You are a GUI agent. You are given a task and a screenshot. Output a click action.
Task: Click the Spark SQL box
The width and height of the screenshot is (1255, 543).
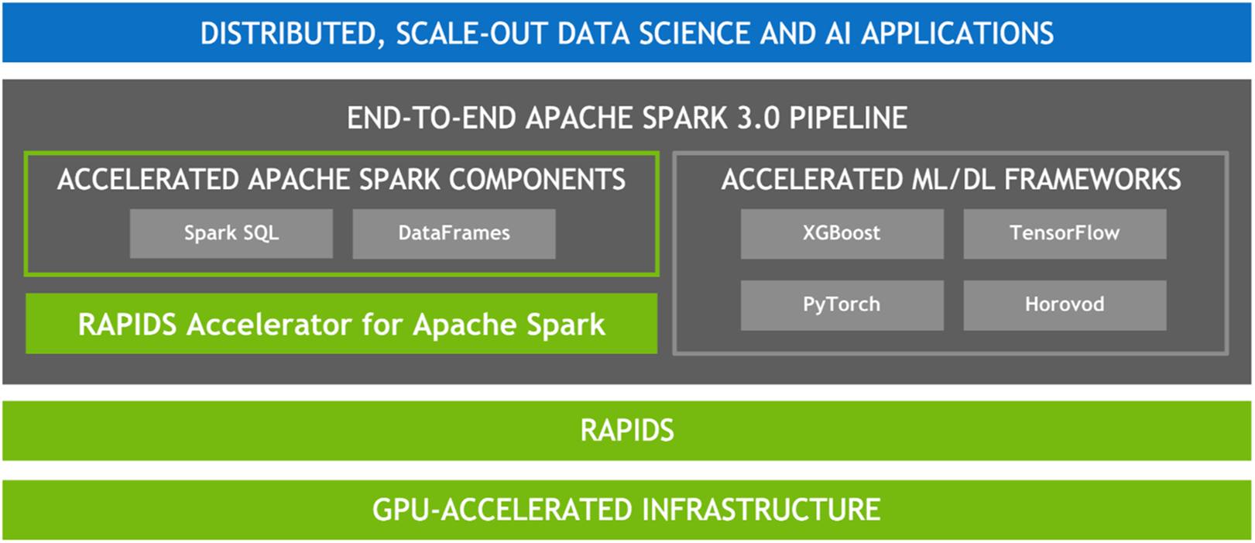231,234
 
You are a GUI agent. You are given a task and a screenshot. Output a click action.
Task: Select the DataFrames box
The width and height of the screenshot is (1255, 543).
454,234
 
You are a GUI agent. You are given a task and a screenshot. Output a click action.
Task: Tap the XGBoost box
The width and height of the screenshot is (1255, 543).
842,234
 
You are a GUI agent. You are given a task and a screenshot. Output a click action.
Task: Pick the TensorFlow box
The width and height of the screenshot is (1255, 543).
1065,234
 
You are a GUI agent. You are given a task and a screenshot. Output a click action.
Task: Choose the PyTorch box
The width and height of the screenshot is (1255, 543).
842,305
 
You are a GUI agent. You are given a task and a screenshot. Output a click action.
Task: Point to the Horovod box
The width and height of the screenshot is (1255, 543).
1065,305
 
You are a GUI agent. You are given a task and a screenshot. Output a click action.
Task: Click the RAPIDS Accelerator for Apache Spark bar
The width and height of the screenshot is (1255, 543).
341,323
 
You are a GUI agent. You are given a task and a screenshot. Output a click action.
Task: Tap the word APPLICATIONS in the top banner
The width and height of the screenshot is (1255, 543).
958,33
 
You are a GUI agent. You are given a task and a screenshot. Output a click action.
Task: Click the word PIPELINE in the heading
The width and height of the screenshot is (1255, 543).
849,119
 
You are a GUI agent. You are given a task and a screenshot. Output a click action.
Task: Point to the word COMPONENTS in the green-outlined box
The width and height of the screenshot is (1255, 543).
537,179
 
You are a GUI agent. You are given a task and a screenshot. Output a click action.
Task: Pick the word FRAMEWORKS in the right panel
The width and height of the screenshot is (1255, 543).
1092,179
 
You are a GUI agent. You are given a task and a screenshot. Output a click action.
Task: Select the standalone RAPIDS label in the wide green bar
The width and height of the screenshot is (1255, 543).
627,431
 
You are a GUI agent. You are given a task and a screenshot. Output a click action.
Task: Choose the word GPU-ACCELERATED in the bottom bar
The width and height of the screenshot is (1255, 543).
502,510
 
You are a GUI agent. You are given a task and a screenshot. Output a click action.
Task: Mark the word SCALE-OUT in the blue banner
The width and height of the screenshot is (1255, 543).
471,33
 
